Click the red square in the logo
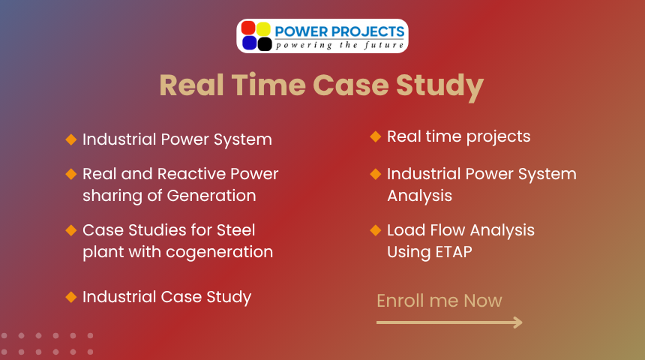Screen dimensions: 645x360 click(x=248, y=28)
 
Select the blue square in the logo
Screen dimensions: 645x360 click(x=249, y=43)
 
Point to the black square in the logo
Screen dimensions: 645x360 click(x=265, y=43)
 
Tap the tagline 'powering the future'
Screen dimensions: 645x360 click(x=340, y=45)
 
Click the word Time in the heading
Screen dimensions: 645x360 click(x=268, y=85)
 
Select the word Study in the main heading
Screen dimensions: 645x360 click(x=439, y=87)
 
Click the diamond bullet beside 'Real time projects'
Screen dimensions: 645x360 click(x=376, y=136)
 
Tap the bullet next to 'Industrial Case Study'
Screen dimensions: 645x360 click(x=71, y=297)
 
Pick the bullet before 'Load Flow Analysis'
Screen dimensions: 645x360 click(x=376, y=230)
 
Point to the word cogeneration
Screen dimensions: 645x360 click(x=219, y=253)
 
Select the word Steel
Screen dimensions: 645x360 click(x=235, y=230)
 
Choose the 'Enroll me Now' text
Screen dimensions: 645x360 click(x=439, y=301)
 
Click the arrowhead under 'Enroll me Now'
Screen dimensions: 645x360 click(x=518, y=322)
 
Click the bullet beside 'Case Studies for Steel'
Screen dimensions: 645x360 click(x=71, y=230)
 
